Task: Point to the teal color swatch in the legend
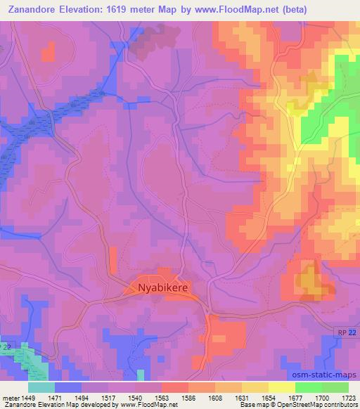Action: click(41, 387)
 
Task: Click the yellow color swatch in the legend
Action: click(281, 387)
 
